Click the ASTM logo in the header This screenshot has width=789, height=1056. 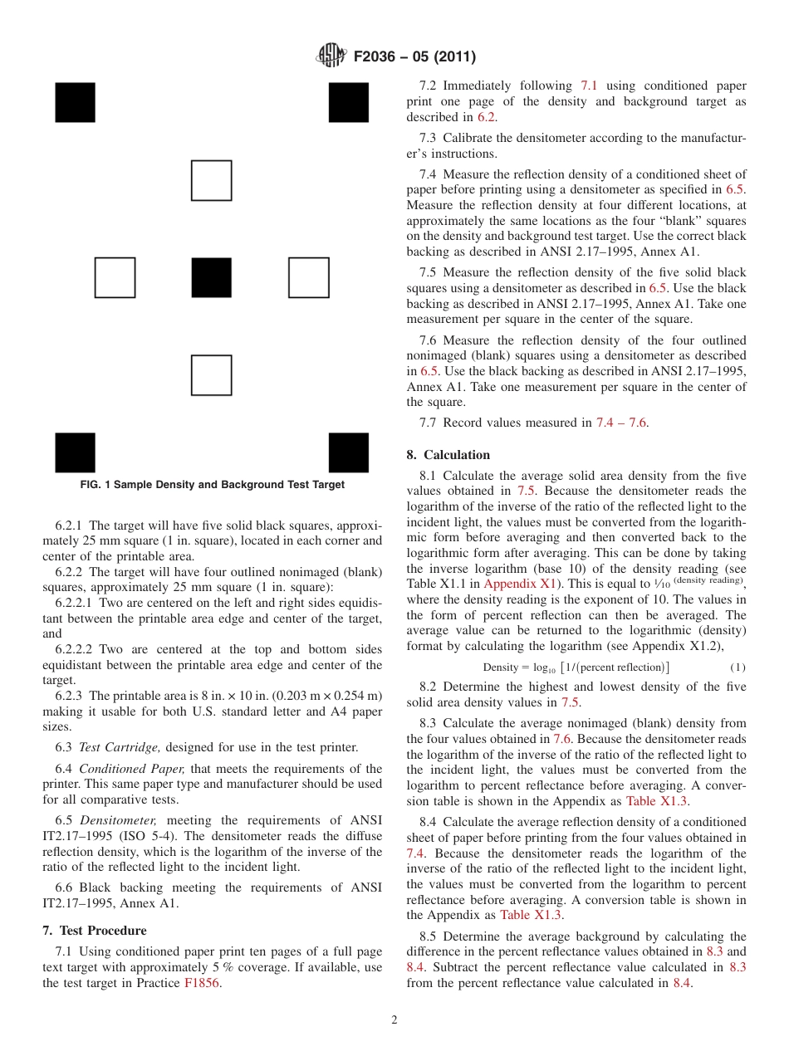331,56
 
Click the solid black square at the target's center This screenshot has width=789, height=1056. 211,278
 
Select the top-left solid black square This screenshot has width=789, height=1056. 75,103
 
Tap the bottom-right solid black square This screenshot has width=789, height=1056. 348,452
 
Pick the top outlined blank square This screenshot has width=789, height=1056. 211,180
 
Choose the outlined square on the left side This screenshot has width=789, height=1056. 115,278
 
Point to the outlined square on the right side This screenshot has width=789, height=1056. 308,278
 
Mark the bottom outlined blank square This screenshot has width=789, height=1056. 211,375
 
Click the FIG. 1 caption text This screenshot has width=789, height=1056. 213,485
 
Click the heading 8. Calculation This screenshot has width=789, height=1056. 448,455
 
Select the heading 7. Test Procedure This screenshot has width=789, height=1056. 94,931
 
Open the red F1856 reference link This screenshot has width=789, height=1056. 202,983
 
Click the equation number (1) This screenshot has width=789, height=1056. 738,667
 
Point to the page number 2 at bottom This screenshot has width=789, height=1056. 394,1020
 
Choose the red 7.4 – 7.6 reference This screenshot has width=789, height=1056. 620,423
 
